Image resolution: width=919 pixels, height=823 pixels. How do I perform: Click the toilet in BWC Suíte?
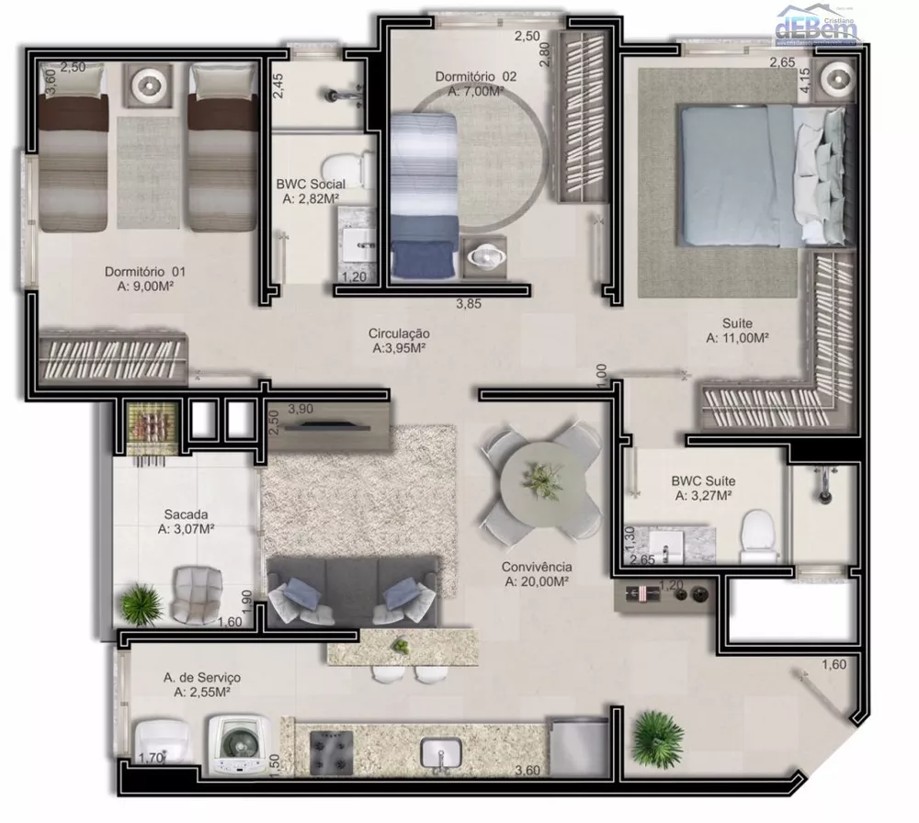coord(759,536)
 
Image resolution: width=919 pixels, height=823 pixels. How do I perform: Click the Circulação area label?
coord(400,341)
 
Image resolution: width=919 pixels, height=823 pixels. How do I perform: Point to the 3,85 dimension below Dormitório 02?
coord(470,304)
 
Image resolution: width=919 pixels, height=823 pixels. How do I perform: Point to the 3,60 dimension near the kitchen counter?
coord(528,771)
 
